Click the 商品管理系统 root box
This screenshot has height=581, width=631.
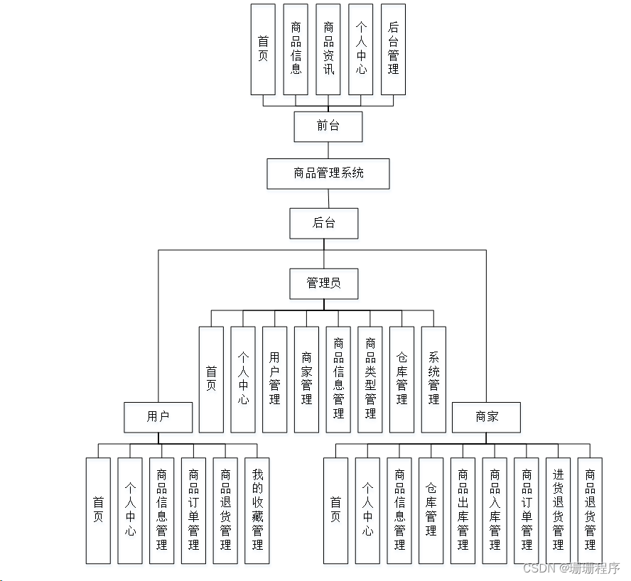[x=328, y=173]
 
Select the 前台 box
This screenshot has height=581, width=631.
[x=328, y=126]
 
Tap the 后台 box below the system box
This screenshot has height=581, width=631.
[x=324, y=223]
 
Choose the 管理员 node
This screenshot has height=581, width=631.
[x=324, y=283]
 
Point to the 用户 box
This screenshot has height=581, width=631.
[x=158, y=417]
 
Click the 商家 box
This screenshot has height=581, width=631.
[x=487, y=417]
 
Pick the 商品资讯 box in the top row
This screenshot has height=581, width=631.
[x=328, y=49]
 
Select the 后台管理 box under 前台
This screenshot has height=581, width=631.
[x=394, y=49]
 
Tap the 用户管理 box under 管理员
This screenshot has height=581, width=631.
[x=275, y=379]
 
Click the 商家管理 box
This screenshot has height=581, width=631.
[x=306, y=379]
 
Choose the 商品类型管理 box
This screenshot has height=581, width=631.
[x=370, y=379]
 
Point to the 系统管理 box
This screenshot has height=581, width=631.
[x=433, y=379]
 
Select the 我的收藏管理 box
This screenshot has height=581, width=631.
[x=257, y=510]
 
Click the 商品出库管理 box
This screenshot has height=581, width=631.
[x=463, y=510]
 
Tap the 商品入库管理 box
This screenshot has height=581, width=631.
[x=495, y=510]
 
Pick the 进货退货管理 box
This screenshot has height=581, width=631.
[x=559, y=510]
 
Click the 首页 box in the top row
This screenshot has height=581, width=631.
[x=263, y=49]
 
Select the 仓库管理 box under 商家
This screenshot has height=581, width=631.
[x=431, y=510]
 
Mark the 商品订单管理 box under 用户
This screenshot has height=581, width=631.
[x=193, y=510]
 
